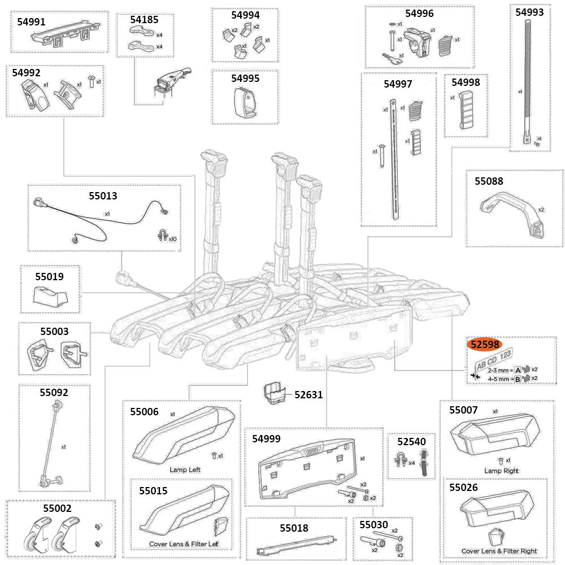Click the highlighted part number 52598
tap(486, 345)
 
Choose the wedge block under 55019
tap(50, 295)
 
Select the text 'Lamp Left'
tap(185, 470)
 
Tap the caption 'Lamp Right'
tap(501, 471)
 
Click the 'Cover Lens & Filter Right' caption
tap(499, 551)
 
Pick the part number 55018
tap(294, 528)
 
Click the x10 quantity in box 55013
tap(172, 239)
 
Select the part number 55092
tap(54, 392)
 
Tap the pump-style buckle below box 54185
tap(172, 79)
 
